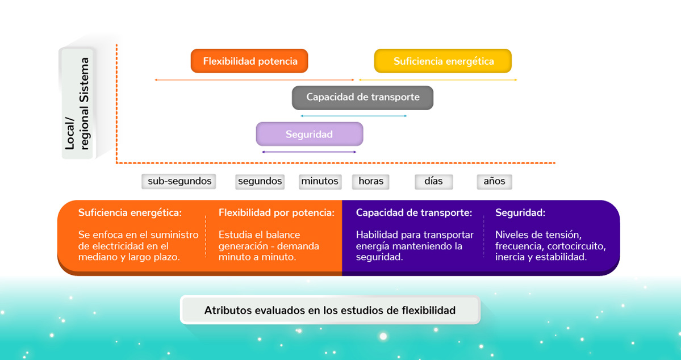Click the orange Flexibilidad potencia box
click(x=249, y=61)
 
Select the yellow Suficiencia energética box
click(x=443, y=61)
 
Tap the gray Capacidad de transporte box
click(x=362, y=97)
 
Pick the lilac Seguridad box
click(x=309, y=134)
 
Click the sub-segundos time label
click(x=179, y=182)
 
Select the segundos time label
click(x=260, y=182)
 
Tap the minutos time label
click(x=320, y=182)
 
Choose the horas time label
click(x=371, y=182)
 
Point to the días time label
click(x=433, y=182)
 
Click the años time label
click(x=495, y=182)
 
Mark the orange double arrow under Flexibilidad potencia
click(x=254, y=80)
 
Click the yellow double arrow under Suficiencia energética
click(x=438, y=80)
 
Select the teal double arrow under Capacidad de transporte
click(x=353, y=116)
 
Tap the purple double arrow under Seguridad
click(x=309, y=152)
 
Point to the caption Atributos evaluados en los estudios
click(x=329, y=311)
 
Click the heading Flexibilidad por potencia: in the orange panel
click(x=277, y=214)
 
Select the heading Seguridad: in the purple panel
click(x=520, y=214)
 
